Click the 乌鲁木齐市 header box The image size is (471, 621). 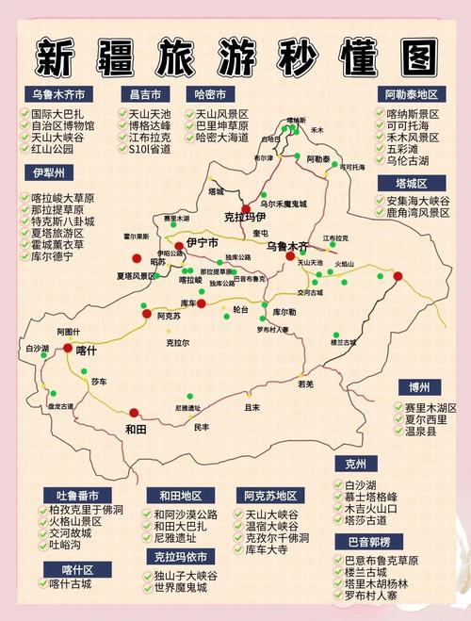point(58,94)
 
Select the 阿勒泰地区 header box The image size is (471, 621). point(413,94)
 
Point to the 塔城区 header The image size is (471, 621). point(411,183)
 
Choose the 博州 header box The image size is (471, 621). point(419,387)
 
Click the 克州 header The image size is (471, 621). point(356,465)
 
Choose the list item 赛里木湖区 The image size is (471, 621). point(430,408)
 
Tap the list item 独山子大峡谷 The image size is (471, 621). point(186,576)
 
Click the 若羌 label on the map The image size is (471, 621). point(305,384)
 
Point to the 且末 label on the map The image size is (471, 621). point(252,407)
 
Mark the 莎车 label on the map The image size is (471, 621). point(99,381)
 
